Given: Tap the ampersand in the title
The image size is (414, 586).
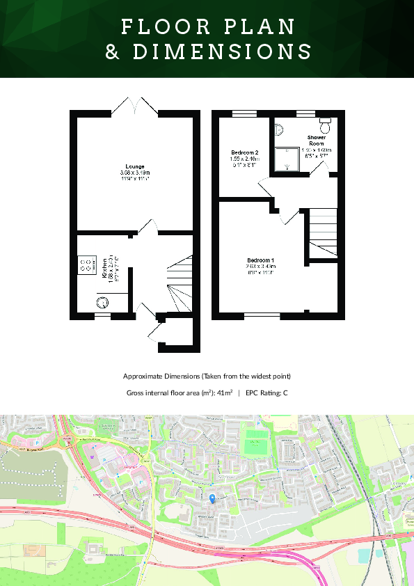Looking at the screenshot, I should [x=113, y=52].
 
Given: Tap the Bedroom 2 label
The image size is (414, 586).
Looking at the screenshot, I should [x=244, y=152].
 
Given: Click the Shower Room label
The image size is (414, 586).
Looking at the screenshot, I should [x=317, y=141].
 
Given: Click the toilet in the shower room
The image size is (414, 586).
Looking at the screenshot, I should [x=325, y=126].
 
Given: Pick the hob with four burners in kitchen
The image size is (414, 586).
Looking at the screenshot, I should [x=88, y=264].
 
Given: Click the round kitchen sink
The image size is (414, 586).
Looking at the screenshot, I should [x=102, y=301].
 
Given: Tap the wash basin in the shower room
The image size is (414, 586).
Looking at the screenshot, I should [x=278, y=129].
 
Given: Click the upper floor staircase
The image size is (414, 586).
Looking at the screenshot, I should [x=323, y=232].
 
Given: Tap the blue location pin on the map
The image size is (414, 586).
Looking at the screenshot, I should [x=212, y=497].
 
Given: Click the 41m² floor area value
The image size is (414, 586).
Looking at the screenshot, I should [x=224, y=393].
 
